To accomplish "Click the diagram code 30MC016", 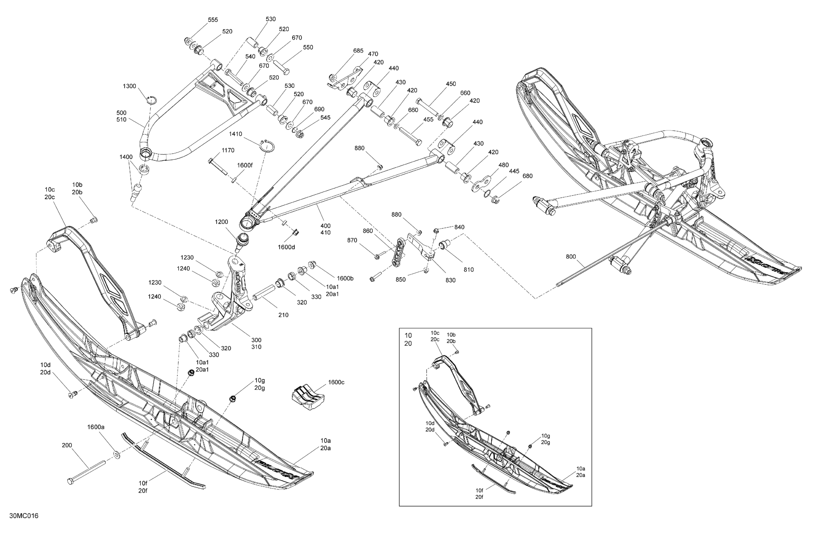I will [x=24, y=516].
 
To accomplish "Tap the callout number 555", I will [x=213, y=20].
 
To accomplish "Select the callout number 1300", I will [x=129, y=86].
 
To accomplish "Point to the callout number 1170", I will [x=228, y=150].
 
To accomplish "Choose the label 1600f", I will [x=245, y=166].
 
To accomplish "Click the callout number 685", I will [x=358, y=51].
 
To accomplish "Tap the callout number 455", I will [x=428, y=119].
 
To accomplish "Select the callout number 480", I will [x=503, y=165].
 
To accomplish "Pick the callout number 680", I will [x=527, y=176].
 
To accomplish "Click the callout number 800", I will [x=571, y=257].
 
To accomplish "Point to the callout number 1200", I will [x=221, y=222].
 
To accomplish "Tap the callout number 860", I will [x=368, y=231].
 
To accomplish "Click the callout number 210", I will [x=283, y=315].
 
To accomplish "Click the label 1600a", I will [x=96, y=427].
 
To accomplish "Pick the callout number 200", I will [x=67, y=445].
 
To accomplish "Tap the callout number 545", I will [x=325, y=118].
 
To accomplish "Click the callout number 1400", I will [x=126, y=157].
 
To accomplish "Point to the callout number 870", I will [x=352, y=240].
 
